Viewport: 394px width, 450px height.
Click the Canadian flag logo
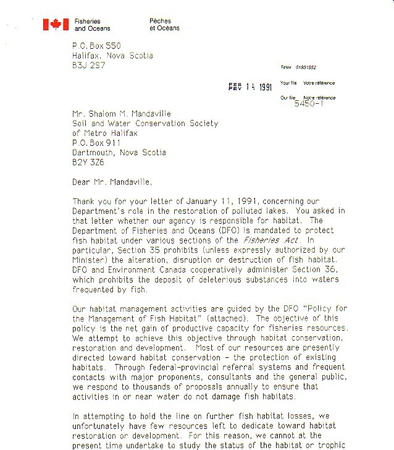[x=56, y=24]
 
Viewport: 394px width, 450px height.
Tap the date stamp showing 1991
[x=250, y=87]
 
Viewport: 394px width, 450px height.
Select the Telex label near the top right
[x=285, y=67]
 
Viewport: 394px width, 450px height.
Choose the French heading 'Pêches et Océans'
[x=164, y=24]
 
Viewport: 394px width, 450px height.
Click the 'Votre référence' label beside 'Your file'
[x=319, y=83]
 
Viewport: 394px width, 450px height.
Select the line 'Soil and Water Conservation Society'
[x=145, y=123]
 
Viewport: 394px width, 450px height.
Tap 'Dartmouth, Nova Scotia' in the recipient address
[x=119, y=153]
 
